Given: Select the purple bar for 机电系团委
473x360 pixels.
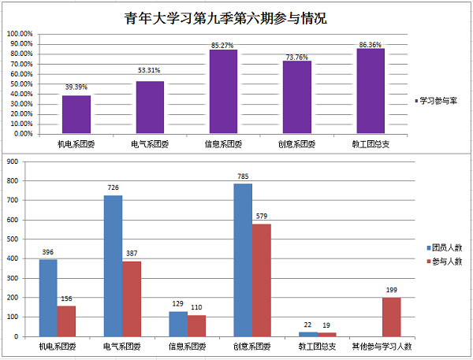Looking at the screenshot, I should [76, 114].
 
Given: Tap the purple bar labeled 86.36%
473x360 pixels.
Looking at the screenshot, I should [371, 91].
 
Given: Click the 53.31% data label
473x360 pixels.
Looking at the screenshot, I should [150, 72].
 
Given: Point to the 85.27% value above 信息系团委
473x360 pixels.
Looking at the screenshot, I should [223, 44].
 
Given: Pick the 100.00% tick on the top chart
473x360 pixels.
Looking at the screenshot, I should [20, 34].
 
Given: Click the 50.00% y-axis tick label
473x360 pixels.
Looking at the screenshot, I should [20, 84].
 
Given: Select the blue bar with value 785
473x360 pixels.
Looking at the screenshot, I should [243, 260].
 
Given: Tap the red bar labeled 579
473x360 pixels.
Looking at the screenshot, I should [261, 280].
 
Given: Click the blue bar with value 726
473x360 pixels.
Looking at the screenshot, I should [113, 265].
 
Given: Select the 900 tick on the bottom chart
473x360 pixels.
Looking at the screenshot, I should [12, 161].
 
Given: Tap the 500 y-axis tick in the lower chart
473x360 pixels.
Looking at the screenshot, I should [12, 239].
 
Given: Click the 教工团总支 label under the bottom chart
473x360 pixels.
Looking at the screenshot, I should [317, 347].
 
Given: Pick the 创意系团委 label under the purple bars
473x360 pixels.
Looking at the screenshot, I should [296, 144].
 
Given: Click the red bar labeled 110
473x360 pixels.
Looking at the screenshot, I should [196, 325].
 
